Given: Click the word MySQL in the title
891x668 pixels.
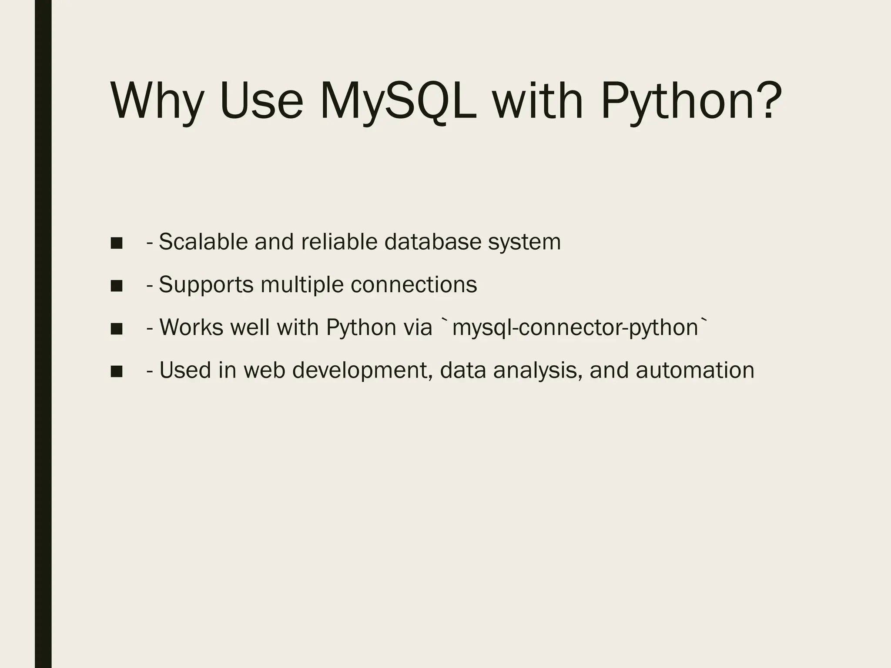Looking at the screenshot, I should point(398,101).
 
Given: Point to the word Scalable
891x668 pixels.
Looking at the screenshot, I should point(203,242).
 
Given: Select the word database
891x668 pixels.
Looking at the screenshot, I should point(432,242).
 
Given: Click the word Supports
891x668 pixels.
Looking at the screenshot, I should point(206,285).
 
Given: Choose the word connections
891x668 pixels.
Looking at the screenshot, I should point(414,284).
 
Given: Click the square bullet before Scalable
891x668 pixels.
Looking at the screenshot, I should point(116,243).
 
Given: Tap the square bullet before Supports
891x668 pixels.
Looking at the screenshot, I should point(116,286).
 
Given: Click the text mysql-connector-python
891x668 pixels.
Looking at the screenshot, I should point(575,328).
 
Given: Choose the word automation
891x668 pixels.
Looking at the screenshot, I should point(695,370).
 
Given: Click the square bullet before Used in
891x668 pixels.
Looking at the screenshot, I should point(116,371).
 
